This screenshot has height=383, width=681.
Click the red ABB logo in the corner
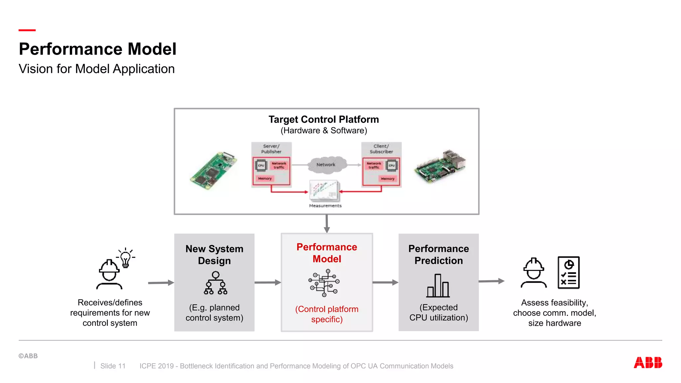coord(648,362)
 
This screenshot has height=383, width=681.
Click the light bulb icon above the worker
coord(125,258)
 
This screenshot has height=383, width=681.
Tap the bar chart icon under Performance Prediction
coord(438,286)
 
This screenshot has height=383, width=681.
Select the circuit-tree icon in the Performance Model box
coord(324,283)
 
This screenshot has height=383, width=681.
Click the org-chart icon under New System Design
coord(215,283)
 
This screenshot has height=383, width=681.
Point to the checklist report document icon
coord(568,272)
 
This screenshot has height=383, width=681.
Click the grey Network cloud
coord(326,165)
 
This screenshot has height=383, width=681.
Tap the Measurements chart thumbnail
coord(324,191)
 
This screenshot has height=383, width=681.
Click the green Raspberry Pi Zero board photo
coord(213,171)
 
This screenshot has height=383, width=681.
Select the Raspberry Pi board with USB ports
coord(440,166)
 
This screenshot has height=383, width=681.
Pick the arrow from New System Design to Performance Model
coord(268,283)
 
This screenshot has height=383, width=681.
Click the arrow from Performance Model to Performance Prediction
coord(385,283)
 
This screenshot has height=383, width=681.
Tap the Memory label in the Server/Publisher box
coord(265,179)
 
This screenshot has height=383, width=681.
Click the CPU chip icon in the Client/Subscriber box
coord(392,165)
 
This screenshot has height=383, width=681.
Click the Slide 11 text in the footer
coord(113,366)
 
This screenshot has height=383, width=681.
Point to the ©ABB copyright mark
coord(28,356)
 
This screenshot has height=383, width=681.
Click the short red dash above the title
coord(27,30)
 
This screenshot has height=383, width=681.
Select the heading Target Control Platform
coord(324,119)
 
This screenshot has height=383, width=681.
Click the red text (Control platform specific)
coord(327,314)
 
